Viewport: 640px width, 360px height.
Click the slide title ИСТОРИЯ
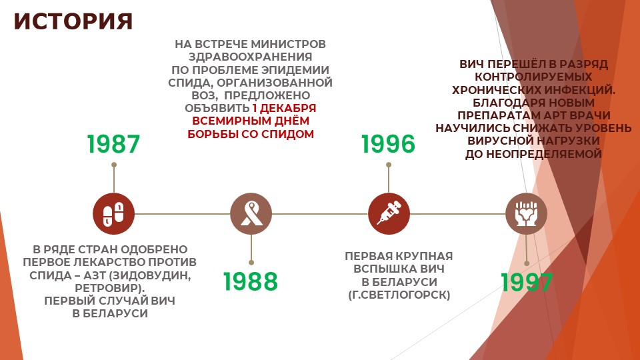click(73, 21)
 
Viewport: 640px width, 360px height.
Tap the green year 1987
click(113, 144)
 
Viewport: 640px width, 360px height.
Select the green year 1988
click(251, 281)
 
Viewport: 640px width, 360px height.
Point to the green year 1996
click(388, 144)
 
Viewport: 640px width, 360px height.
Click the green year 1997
click(527, 283)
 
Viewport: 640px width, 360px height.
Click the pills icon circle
click(113, 213)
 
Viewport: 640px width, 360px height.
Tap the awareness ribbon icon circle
click(251, 213)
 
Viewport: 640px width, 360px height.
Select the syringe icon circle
click(389, 213)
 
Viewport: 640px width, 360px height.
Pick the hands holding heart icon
click(527, 213)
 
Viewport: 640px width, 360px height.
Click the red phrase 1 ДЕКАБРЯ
click(284, 108)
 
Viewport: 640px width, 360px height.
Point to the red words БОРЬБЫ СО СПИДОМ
click(251, 134)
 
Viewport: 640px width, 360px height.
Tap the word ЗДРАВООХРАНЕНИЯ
click(250, 57)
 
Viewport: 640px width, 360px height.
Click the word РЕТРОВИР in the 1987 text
click(109, 288)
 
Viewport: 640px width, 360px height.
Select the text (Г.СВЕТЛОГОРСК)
click(399, 295)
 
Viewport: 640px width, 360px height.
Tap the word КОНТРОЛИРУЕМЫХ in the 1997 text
click(533, 77)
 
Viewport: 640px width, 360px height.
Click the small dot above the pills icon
click(114, 165)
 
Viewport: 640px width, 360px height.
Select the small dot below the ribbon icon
click(251, 263)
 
